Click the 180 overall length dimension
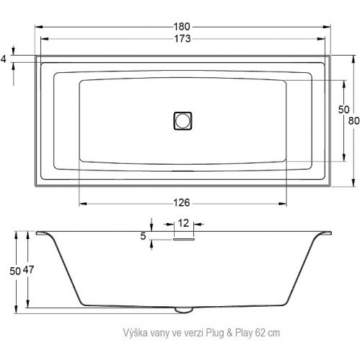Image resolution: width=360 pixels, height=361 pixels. (x=183, y=26)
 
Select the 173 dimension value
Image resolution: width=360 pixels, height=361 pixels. (x=183, y=39)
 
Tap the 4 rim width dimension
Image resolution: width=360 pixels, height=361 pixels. (x=4, y=58)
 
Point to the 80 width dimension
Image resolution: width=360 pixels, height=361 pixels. (x=353, y=121)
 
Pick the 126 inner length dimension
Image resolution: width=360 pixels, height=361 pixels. (x=182, y=193)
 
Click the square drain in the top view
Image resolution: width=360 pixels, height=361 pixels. (x=183, y=121)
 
